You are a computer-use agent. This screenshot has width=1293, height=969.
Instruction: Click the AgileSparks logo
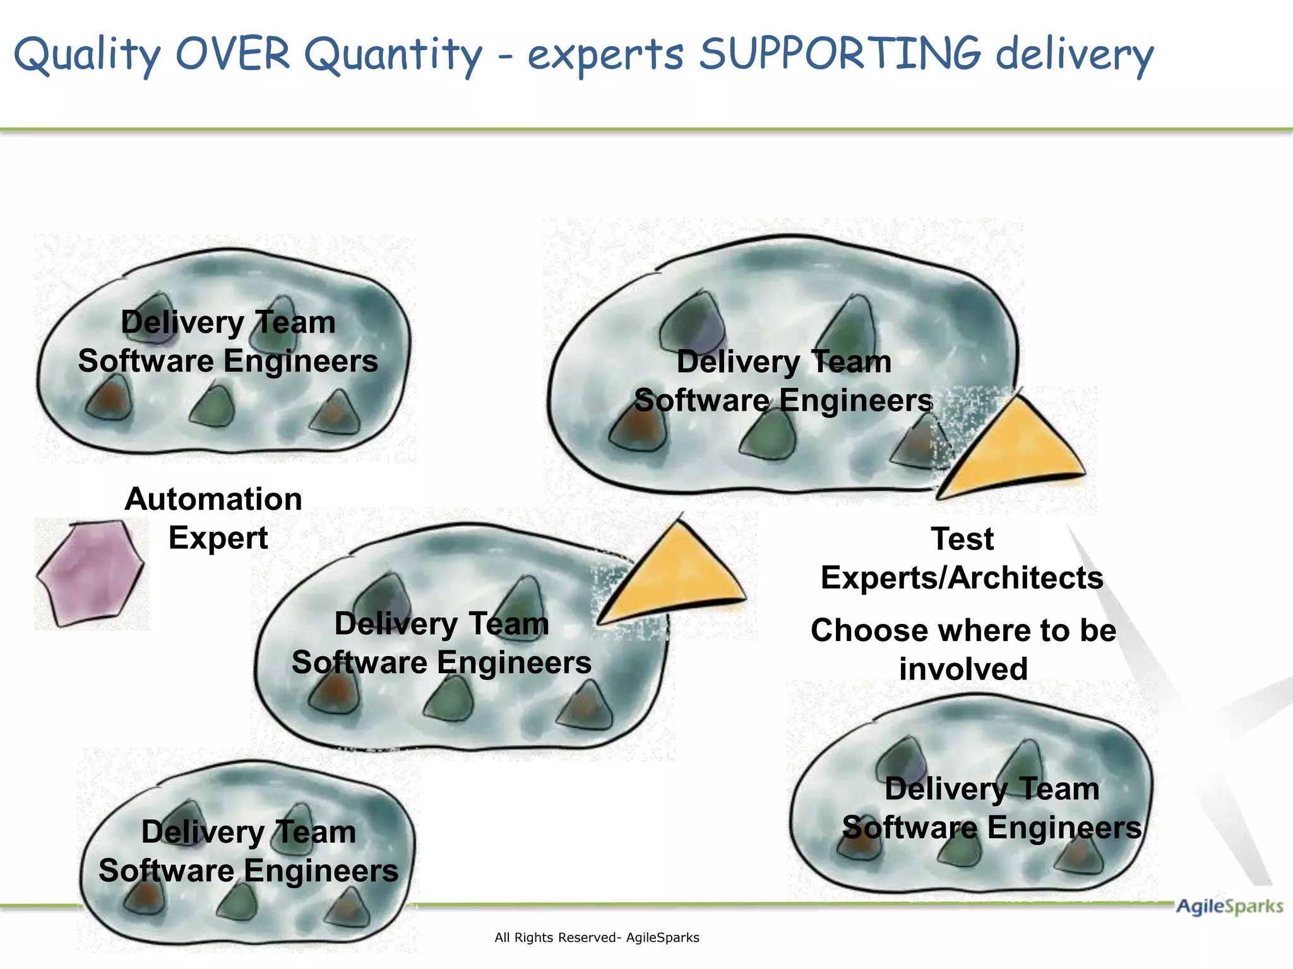pyautogui.click(x=1229, y=907)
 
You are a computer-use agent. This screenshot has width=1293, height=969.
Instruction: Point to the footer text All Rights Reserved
pyautogui.click(x=597, y=937)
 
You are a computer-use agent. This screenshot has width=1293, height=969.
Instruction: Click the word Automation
pyautogui.click(x=213, y=499)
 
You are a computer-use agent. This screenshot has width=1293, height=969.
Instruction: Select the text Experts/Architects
pyautogui.click(x=962, y=577)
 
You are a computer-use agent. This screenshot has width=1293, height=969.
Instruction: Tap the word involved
pyautogui.click(x=963, y=669)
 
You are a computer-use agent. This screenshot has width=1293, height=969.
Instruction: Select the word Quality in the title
pyautogui.click(x=87, y=56)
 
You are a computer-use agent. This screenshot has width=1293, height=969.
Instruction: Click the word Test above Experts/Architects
pyautogui.click(x=962, y=539)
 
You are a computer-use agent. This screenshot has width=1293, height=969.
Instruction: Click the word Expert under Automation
pyautogui.click(x=218, y=538)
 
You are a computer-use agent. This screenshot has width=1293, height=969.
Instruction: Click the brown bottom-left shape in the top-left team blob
pyautogui.click(x=109, y=398)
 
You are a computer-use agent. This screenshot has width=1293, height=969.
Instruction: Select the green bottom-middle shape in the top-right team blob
pyautogui.click(x=768, y=435)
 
